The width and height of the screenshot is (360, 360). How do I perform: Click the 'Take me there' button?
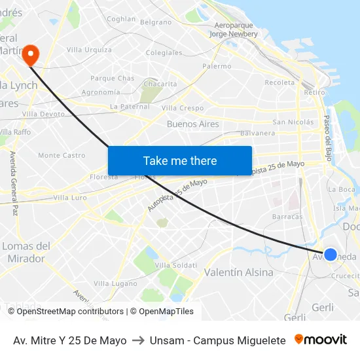(x=180, y=160)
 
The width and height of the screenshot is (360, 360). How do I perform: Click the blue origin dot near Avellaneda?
(x=331, y=254)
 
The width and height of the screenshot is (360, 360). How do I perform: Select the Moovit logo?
(x=321, y=340)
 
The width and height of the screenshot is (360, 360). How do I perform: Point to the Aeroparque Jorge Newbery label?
(x=234, y=29)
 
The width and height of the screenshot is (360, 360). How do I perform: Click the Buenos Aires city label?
(x=192, y=124)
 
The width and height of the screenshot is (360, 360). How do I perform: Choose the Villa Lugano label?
(x=115, y=283)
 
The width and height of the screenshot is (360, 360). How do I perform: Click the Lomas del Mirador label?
(x=26, y=252)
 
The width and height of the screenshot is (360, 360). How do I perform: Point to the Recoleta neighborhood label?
(x=279, y=82)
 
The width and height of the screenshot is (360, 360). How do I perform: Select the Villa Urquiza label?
(x=89, y=50)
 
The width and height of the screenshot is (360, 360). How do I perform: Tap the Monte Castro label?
(x=62, y=155)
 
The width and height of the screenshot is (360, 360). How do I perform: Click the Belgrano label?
(x=156, y=22)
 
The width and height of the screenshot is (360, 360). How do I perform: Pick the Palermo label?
(x=217, y=66)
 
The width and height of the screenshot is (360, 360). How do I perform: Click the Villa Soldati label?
(x=177, y=264)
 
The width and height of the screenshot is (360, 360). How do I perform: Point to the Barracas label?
(x=287, y=216)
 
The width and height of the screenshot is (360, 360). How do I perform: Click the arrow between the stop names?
(x=138, y=340)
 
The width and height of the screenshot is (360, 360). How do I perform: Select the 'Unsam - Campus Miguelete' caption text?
(x=217, y=340)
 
